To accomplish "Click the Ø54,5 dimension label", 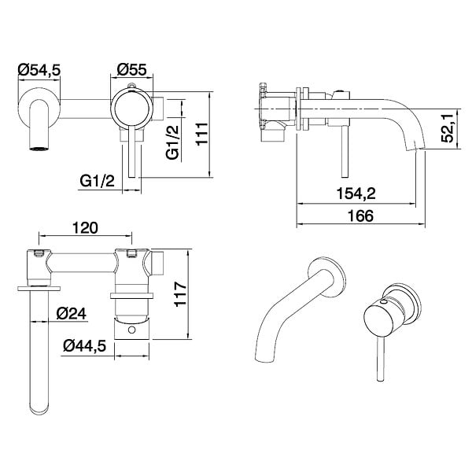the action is (x=39, y=70).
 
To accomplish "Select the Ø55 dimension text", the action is (x=131, y=69).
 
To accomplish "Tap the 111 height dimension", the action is (x=202, y=134).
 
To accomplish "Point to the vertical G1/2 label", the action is (x=172, y=142).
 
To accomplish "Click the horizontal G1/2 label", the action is (x=97, y=181).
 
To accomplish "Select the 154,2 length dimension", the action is (x=356, y=194).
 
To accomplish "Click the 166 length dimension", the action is (x=360, y=216).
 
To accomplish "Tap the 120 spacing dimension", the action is (x=85, y=228).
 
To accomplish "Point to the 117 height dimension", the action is (x=181, y=294).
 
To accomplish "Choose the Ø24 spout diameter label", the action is (x=72, y=314).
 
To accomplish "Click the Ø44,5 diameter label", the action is (x=85, y=346).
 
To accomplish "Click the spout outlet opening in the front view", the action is (x=39, y=148).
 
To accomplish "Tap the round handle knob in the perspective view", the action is (x=379, y=319).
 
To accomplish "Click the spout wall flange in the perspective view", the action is (x=328, y=276).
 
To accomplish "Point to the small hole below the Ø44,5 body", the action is (x=131, y=330).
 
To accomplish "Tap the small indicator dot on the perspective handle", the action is (x=384, y=301).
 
